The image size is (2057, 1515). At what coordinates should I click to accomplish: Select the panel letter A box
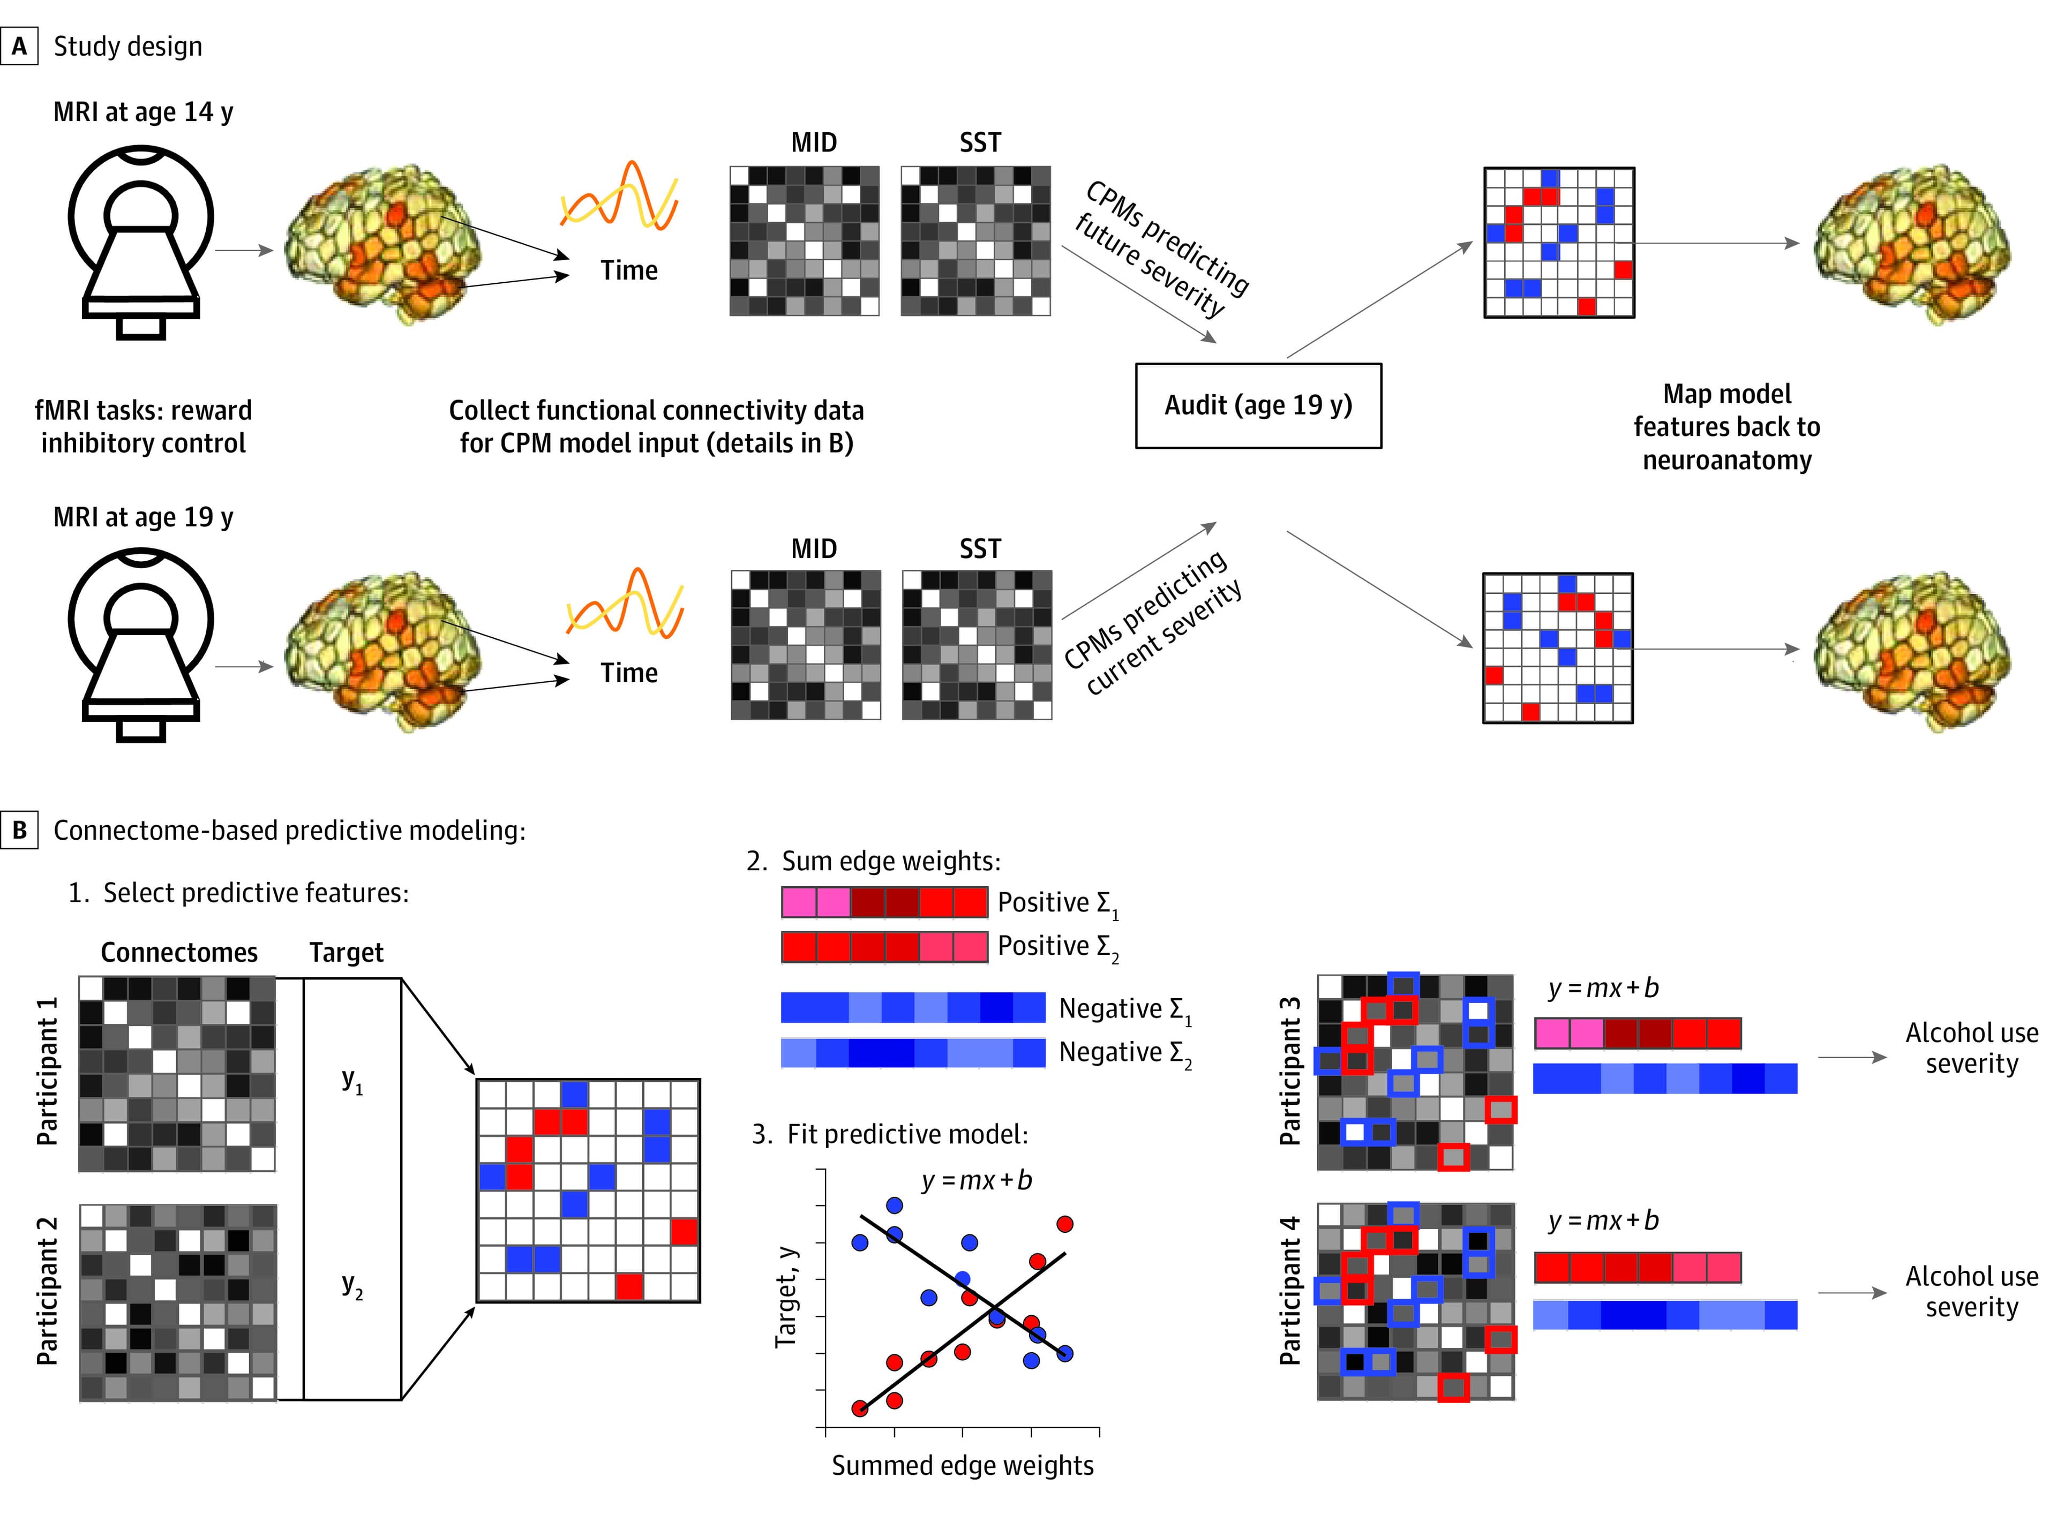(19, 46)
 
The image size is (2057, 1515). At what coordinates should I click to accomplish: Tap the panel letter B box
(19, 830)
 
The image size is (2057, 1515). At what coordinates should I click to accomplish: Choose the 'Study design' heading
(127, 46)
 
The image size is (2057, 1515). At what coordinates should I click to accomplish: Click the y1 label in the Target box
(352, 1081)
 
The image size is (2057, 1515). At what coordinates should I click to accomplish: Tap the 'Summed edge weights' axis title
(962, 1466)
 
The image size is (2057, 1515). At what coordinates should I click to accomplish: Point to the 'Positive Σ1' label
(1057, 903)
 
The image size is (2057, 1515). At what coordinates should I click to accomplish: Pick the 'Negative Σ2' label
(1124, 1053)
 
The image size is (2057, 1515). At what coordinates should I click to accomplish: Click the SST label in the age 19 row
(979, 548)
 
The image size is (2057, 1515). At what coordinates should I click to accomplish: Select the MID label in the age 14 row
(814, 143)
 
